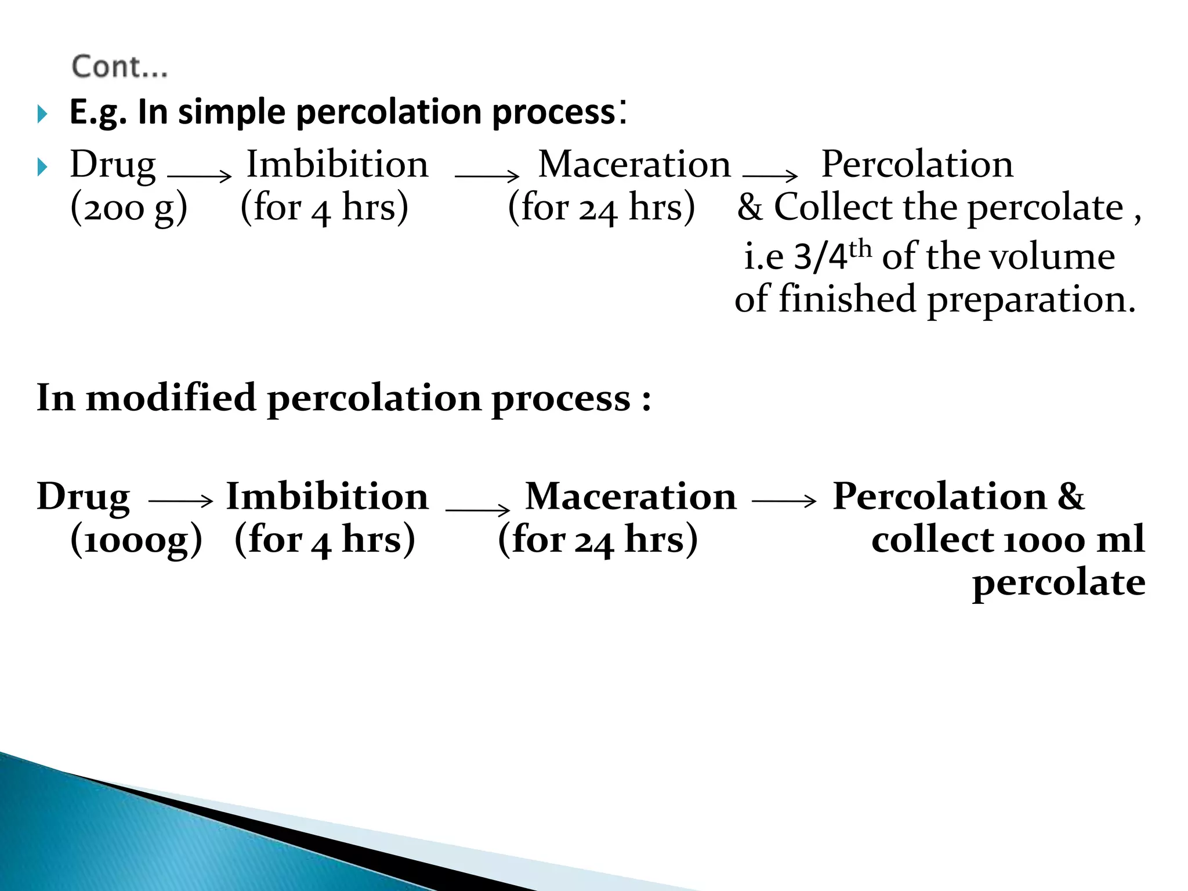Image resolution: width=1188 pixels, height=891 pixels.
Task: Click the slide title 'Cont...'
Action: click(119, 67)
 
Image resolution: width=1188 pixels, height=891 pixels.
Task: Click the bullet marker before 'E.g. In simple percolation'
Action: click(42, 114)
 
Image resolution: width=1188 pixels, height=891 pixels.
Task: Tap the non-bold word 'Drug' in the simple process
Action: click(113, 165)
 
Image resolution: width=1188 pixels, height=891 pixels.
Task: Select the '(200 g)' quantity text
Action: click(129, 208)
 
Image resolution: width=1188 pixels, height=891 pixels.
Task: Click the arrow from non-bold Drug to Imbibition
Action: click(199, 176)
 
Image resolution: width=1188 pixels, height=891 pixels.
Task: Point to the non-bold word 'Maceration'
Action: click(634, 165)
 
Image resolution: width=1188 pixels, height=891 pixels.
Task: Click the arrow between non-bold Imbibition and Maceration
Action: click(487, 176)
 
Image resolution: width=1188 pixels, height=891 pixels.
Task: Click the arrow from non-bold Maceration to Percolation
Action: click(770, 175)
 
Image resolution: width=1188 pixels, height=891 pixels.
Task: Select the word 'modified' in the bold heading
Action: click(171, 399)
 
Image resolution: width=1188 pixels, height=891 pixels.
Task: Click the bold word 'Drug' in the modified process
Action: click(84, 498)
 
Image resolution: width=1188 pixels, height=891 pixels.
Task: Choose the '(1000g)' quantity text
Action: click(136, 540)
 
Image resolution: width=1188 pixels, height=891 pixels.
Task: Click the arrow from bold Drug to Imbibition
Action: click(180, 501)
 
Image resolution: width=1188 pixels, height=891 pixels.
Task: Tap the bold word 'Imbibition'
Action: click(327, 497)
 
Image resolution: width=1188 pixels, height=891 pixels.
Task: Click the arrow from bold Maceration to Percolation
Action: click(784, 501)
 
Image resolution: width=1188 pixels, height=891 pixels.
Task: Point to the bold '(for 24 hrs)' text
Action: click(597, 540)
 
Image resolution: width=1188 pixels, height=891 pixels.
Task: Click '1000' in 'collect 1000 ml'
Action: click(1044, 540)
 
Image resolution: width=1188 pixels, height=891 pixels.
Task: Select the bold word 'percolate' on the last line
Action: click(1059, 582)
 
